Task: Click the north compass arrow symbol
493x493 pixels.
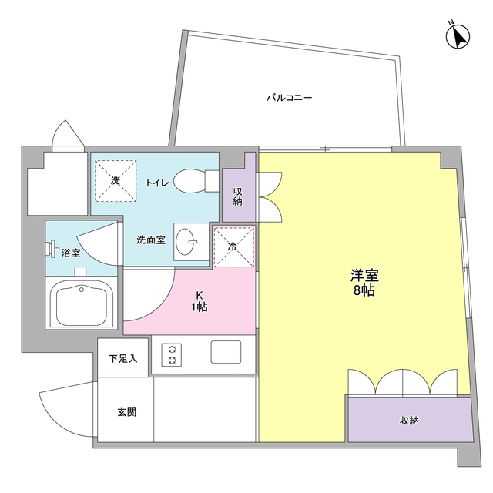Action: click(460, 36)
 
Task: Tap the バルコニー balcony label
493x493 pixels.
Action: click(289, 98)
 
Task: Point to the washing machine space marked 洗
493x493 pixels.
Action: click(116, 180)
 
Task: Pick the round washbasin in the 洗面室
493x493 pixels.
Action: click(186, 244)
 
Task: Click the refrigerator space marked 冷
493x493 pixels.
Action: click(233, 246)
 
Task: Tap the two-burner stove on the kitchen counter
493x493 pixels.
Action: click(171, 354)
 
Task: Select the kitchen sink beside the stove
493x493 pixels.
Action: click(226, 354)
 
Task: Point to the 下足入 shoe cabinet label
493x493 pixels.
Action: click(122, 358)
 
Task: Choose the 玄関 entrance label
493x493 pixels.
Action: click(127, 412)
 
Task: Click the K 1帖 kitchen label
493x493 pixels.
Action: click(200, 301)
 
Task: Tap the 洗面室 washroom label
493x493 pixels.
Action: click(151, 240)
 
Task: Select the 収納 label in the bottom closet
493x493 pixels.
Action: click(409, 421)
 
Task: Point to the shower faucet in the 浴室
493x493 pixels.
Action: click(53, 248)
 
